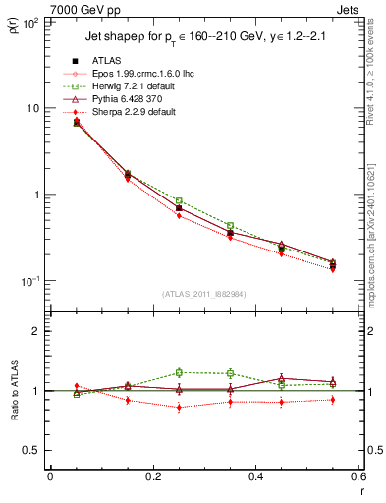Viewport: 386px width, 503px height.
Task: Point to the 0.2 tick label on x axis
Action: (x=152, y=476)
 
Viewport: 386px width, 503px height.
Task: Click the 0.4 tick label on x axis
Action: (x=255, y=476)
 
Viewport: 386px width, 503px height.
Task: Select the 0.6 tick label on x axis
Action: (x=358, y=476)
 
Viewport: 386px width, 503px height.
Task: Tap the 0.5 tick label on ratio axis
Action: (x=33, y=450)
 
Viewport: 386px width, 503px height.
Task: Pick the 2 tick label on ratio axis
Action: (x=37, y=331)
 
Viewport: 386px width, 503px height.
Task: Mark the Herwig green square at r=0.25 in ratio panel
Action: (x=179, y=372)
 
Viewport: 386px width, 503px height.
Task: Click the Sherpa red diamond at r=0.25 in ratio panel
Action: (x=179, y=407)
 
